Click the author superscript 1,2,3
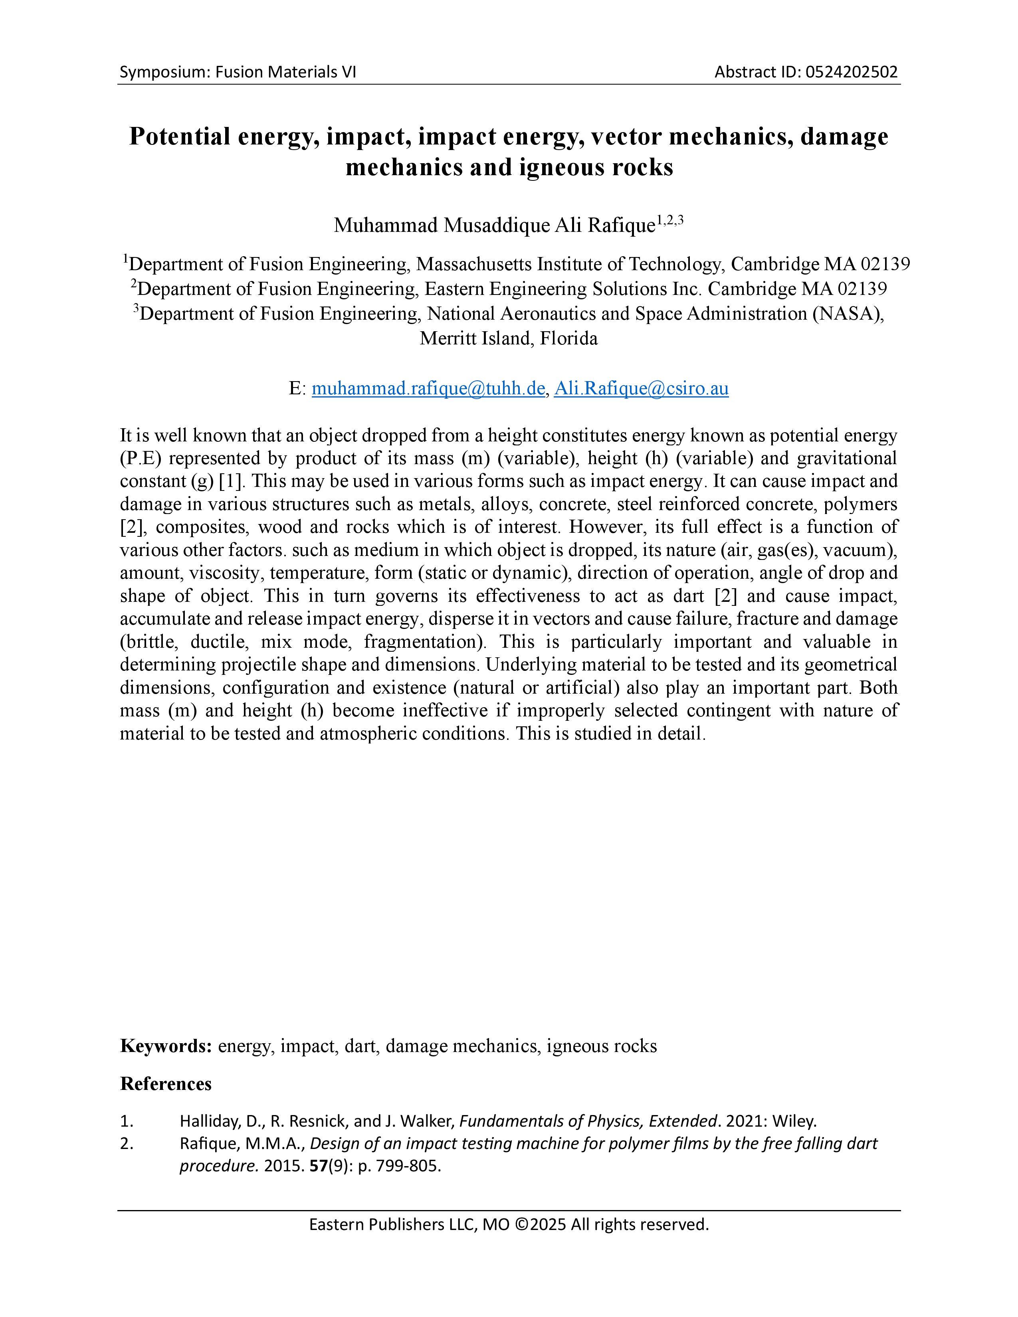pyautogui.click(x=670, y=220)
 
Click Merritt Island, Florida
pyautogui.click(x=508, y=338)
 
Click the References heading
pyautogui.click(x=166, y=1084)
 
